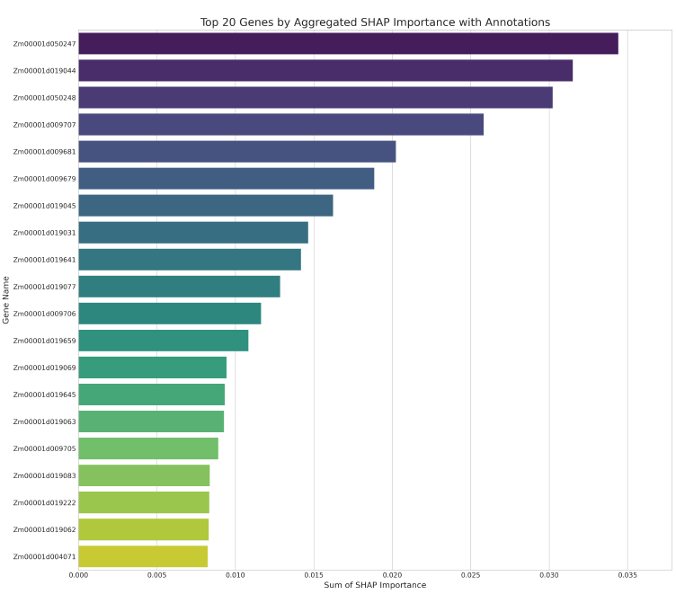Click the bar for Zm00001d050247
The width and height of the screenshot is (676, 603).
pyautogui.click(x=348, y=43)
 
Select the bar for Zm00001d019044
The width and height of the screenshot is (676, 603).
pyautogui.click(x=325, y=70)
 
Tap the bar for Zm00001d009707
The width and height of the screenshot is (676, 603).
pyautogui.click(x=280, y=124)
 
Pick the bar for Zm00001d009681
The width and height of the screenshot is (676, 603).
pyautogui.click(x=237, y=151)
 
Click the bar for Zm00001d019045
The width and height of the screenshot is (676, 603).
pyautogui.click(x=206, y=205)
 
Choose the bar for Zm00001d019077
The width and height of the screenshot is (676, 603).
pyautogui.click(x=179, y=286)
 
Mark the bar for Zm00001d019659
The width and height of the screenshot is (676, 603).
pyautogui.click(x=163, y=340)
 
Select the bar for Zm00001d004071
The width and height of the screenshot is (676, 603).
pyautogui.click(x=143, y=556)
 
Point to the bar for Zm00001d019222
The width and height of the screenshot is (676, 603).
pyautogui.click(x=144, y=502)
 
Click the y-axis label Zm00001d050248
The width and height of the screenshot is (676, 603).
pyautogui.click(x=44, y=98)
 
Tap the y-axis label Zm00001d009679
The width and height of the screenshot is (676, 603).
pyautogui.click(x=44, y=179)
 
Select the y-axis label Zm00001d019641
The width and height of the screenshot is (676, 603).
pyautogui.click(x=44, y=260)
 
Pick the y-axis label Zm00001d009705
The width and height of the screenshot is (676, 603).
pyautogui.click(x=44, y=448)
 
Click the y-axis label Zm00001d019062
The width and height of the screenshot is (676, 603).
pyautogui.click(x=44, y=529)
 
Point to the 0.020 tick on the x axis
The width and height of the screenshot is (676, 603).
pyautogui.click(x=392, y=573)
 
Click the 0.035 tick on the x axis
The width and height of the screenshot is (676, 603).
pyautogui.click(x=627, y=573)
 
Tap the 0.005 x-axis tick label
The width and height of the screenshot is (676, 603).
pyautogui.click(x=156, y=573)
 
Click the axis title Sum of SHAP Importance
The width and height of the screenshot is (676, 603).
pyautogui.click(x=375, y=585)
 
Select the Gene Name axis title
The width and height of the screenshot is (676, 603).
pyautogui.click(x=6, y=299)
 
